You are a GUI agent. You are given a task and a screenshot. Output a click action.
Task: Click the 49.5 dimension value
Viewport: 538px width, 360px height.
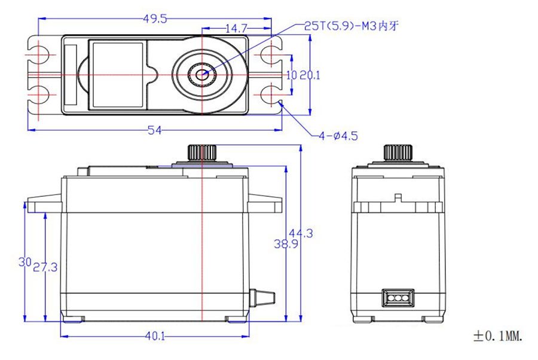coord(155,19)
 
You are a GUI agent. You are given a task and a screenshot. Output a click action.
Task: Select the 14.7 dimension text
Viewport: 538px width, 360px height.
coord(236,29)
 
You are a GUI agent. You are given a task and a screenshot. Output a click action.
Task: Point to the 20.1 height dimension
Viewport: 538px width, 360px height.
coord(310,75)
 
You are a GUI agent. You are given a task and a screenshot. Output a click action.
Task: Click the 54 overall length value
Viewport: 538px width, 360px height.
coord(154,130)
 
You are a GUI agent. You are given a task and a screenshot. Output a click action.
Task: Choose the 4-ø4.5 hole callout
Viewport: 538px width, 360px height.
coord(338,136)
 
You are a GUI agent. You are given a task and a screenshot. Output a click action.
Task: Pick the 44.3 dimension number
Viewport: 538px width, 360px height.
coord(301,233)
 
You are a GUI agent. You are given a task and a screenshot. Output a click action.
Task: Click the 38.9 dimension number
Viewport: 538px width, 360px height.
coord(286,244)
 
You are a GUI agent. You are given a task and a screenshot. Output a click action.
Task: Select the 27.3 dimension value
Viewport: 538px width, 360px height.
coord(45,267)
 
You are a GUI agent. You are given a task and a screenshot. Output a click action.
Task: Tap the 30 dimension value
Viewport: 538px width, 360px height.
coord(25,262)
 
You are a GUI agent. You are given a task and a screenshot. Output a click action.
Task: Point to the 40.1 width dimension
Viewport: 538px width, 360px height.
coord(155,336)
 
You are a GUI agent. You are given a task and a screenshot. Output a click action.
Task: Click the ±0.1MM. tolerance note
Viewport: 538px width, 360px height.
coord(498,336)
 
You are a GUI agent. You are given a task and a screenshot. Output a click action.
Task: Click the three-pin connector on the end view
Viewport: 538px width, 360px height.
coord(398,298)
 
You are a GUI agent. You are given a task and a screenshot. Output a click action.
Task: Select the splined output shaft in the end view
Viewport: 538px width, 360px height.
coord(398,152)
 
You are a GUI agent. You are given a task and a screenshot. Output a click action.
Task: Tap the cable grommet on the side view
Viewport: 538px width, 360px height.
coord(262,297)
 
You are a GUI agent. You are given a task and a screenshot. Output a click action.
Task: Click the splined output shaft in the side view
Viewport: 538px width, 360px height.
coord(202,152)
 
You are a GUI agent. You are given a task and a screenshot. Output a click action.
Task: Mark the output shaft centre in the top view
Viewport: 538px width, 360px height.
coord(202,74)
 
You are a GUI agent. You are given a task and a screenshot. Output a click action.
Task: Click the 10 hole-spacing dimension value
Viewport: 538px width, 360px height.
coord(291,75)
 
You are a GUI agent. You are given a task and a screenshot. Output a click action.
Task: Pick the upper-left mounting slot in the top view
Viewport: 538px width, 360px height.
coord(41,54)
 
